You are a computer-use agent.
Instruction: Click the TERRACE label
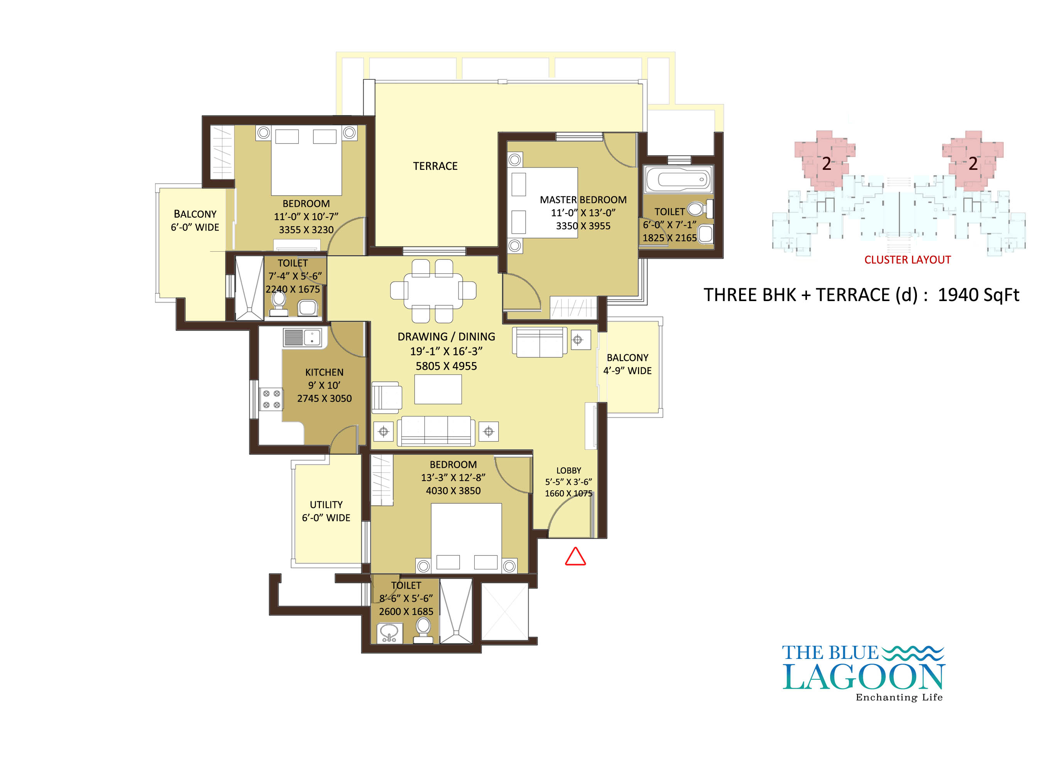[435, 166]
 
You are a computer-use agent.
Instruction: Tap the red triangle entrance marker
[575, 557]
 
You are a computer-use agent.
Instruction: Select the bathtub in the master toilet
[679, 179]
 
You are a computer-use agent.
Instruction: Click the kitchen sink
[302, 337]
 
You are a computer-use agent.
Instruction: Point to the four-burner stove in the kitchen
[271, 399]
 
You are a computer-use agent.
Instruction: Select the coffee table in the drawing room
[438, 389]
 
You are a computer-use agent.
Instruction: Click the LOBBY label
[568, 471]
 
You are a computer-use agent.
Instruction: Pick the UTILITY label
[326, 505]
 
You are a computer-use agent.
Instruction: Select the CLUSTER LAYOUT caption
[907, 260]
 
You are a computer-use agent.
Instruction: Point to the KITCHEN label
[324, 372]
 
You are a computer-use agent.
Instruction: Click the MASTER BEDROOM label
[583, 200]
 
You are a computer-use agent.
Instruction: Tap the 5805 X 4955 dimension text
[446, 366]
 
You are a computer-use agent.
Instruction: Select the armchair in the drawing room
[386, 398]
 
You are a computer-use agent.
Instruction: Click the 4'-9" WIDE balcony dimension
[627, 371]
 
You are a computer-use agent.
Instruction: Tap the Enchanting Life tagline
[899, 697]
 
